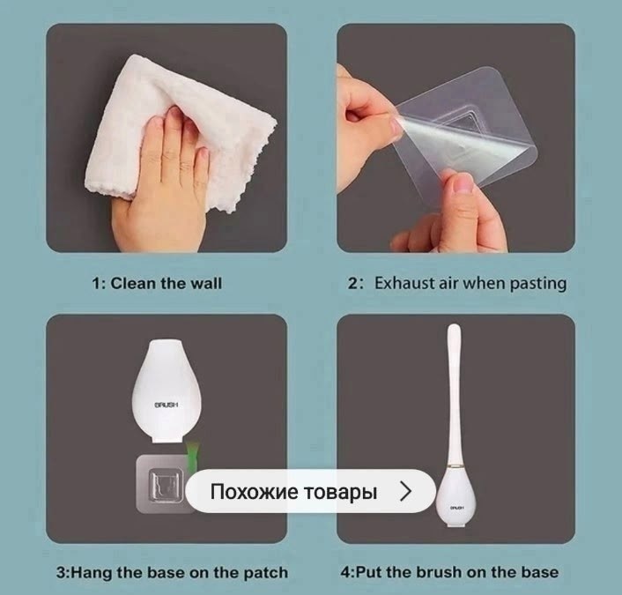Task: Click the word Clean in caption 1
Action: click(133, 284)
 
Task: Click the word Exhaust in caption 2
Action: click(404, 284)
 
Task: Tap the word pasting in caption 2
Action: click(538, 284)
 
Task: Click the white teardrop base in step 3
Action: click(167, 391)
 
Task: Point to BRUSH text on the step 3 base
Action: click(167, 405)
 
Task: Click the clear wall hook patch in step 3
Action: click(163, 484)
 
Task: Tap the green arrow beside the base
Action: click(192, 456)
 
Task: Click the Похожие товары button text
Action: click(293, 491)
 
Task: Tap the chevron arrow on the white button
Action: click(406, 491)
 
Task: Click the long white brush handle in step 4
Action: click(454, 393)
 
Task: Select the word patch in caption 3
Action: click(265, 573)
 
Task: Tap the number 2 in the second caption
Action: click(352, 284)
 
